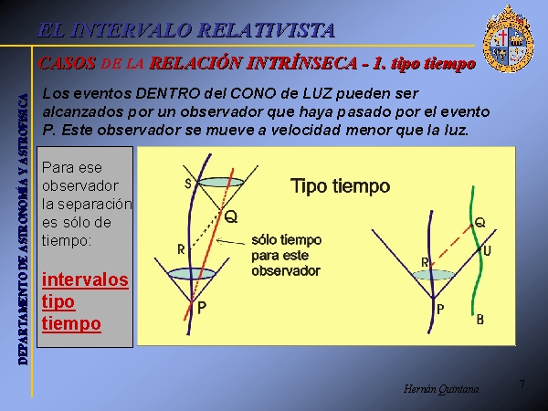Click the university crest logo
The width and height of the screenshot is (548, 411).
[508, 38]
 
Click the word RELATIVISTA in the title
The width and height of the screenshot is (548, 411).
[267, 30]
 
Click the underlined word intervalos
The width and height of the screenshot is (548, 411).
[85, 280]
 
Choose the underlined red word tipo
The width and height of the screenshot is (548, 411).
[58, 302]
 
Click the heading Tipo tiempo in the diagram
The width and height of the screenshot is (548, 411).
[340, 186]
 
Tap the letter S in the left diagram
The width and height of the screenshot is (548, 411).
[188, 184]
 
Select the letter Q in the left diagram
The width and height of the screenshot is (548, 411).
[231, 217]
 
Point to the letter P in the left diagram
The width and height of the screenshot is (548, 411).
[202, 308]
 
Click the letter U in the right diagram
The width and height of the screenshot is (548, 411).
[487, 251]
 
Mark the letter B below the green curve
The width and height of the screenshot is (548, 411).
[480, 320]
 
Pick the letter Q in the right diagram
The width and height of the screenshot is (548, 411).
[480, 222]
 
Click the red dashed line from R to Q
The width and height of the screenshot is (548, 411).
[451, 246]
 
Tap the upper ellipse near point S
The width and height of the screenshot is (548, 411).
[221, 183]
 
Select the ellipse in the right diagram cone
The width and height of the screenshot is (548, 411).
[434, 275]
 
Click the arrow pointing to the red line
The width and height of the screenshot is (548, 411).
[231, 241]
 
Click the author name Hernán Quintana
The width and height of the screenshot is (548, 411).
[441, 389]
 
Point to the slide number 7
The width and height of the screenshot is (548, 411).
[522, 385]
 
